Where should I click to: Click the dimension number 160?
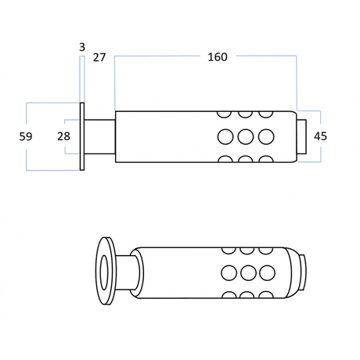point(218,57)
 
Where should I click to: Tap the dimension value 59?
point(26,136)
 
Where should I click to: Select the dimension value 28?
point(63,136)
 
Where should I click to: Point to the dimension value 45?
point(320,136)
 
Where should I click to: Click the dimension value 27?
point(99,57)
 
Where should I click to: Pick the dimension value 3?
point(82,47)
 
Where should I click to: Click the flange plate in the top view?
point(82,136)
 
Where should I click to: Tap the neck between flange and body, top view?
point(99,136)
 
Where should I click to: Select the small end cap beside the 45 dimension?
point(302,136)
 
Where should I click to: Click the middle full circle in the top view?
point(246,136)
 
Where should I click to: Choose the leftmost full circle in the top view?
point(225,136)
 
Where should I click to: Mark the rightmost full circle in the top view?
point(266,136)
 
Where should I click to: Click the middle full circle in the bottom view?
point(248,272)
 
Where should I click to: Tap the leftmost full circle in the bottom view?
point(229,272)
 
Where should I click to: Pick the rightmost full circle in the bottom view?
point(267,272)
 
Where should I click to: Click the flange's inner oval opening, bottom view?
point(104,272)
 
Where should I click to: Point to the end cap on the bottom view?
point(303,272)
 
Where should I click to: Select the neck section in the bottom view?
point(127,272)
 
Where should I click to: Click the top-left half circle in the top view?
point(224,114)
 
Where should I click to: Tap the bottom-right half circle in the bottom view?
point(266,295)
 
